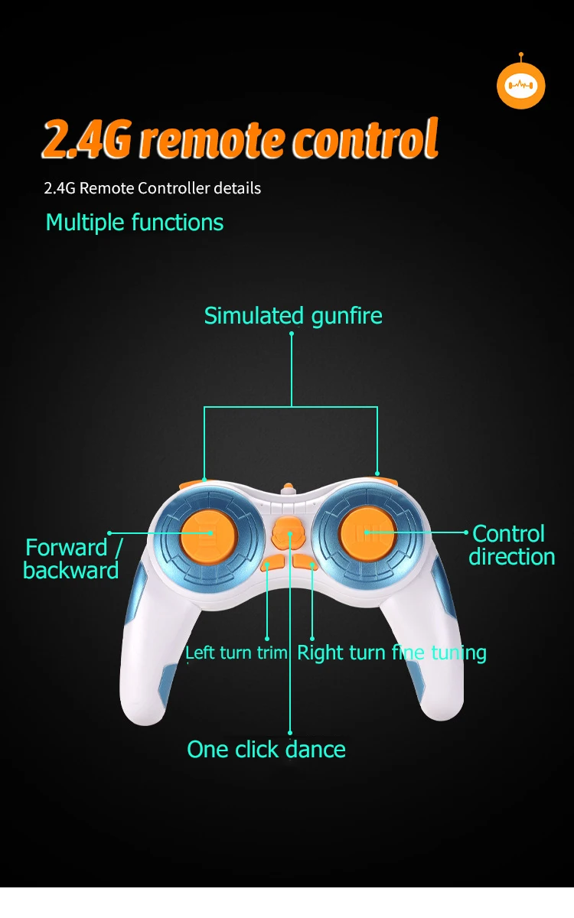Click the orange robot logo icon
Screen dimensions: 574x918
click(520, 85)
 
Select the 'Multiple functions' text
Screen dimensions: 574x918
click(135, 223)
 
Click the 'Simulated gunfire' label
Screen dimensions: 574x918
click(293, 316)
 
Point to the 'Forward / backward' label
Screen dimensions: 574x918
click(72, 559)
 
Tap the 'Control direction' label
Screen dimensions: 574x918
click(511, 545)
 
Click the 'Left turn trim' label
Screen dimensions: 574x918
click(236, 653)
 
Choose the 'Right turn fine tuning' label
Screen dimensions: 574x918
click(392, 653)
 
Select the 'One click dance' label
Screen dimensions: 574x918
click(266, 750)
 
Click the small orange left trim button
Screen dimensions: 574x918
click(272, 565)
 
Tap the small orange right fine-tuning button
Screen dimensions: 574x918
click(305, 564)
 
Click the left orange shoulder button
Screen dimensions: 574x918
click(192, 483)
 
